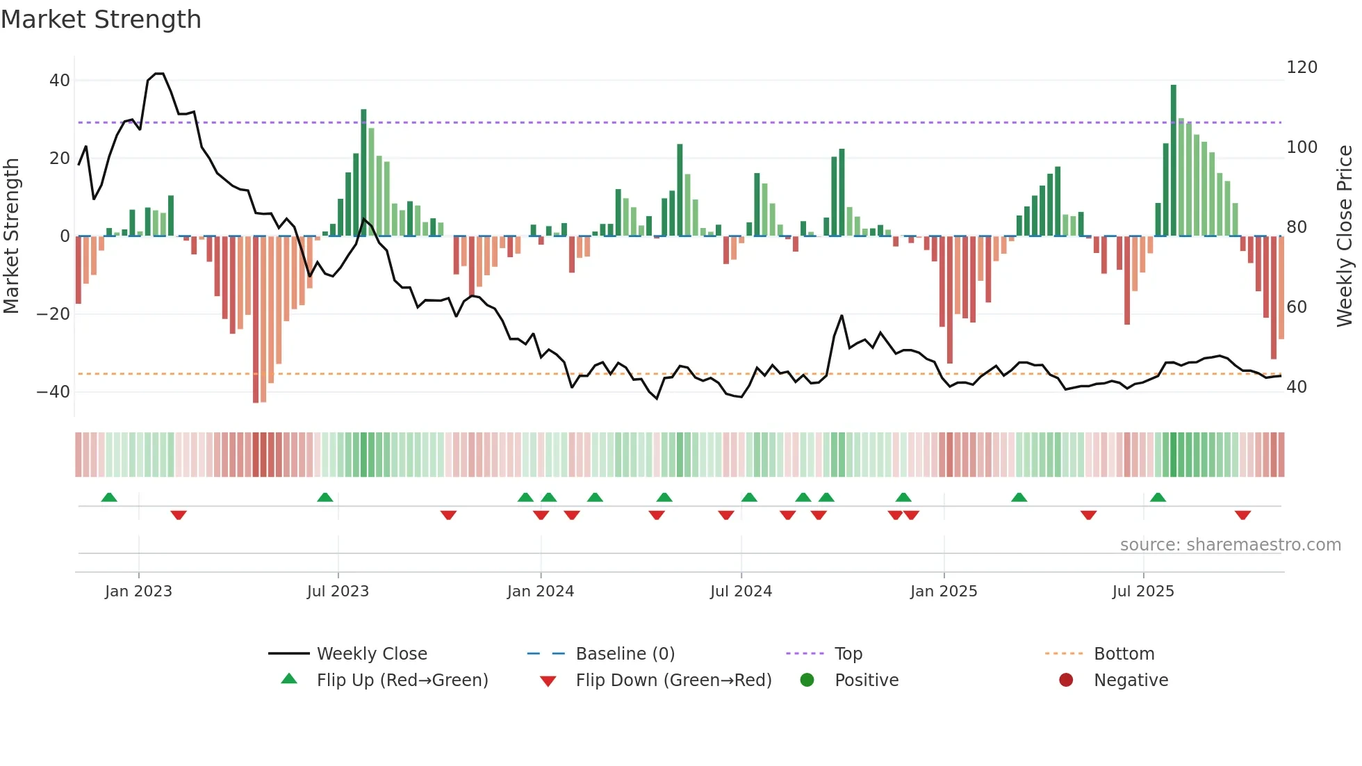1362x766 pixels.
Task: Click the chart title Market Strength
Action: pos(101,19)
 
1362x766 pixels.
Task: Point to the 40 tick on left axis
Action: pos(60,81)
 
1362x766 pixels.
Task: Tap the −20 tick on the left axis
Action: pos(54,314)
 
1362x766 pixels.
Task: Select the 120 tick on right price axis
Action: pos(1302,67)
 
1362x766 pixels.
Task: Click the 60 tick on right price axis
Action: pos(1296,307)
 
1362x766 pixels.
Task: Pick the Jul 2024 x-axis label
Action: pos(741,592)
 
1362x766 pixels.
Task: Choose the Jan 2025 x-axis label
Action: pos(943,592)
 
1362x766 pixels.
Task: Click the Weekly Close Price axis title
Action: pos(1345,236)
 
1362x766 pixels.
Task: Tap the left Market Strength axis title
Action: pos(12,236)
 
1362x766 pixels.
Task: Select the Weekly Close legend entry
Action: pos(372,654)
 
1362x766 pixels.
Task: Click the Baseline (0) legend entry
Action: pos(625,654)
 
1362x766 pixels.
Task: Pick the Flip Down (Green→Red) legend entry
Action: pos(673,681)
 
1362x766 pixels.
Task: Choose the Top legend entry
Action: pos(848,654)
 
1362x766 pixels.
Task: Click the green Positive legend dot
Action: pos(807,681)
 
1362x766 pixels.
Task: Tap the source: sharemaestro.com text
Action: pos(1230,545)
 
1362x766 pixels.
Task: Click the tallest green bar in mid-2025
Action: pos(1173,160)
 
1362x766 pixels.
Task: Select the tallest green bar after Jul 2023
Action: pos(363,172)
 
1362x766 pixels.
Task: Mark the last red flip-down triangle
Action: pos(1242,515)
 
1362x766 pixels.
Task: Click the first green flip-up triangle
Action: pos(109,497)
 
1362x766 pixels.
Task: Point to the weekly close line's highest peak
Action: pos(158,74)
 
